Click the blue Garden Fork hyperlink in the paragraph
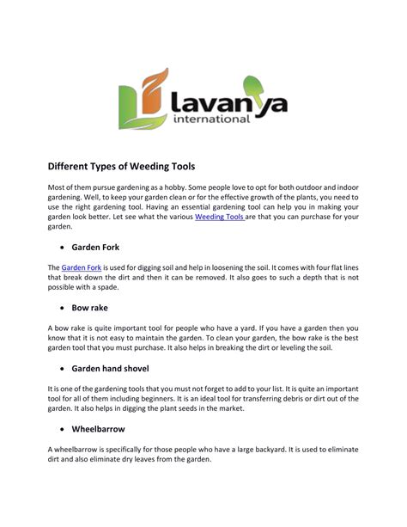[x=81, y=267]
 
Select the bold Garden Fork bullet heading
[x=100, y=245]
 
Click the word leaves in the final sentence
[x=160, y=460]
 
